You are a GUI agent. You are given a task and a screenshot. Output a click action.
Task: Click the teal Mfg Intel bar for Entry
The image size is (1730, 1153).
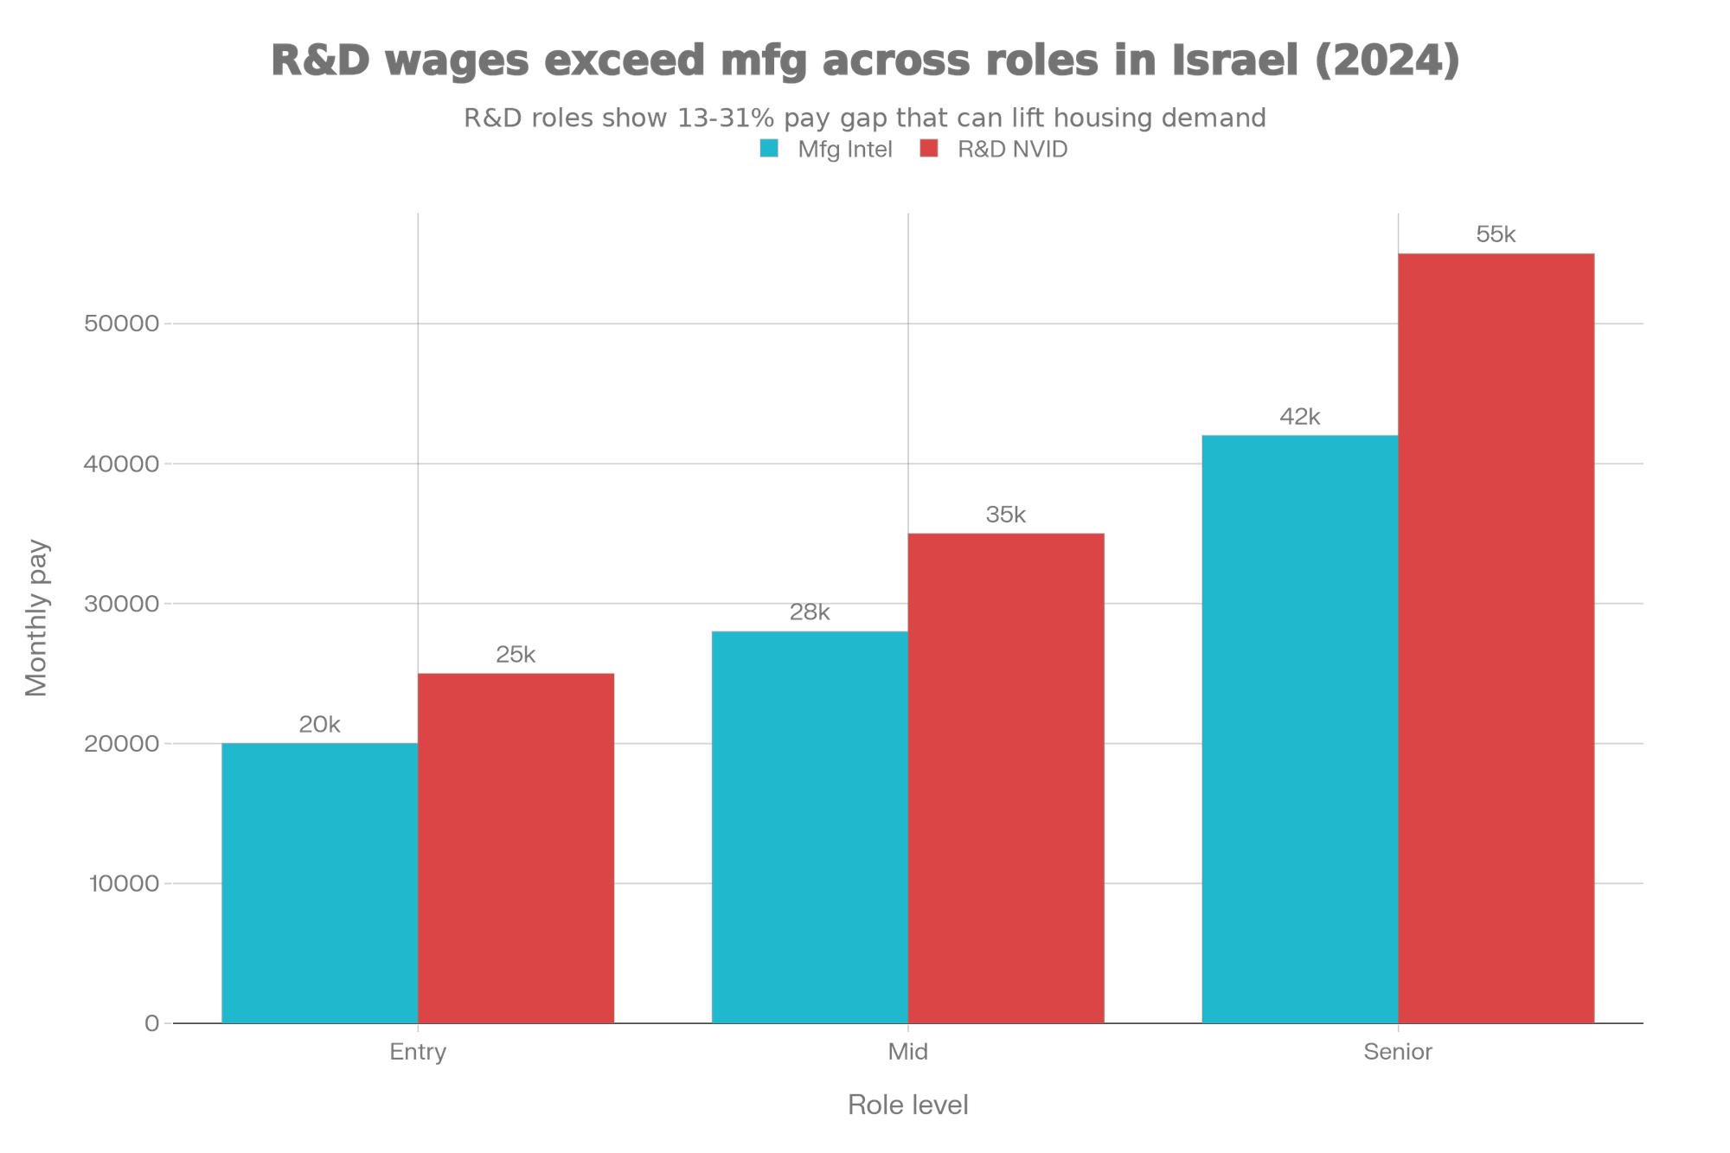pos(319,882)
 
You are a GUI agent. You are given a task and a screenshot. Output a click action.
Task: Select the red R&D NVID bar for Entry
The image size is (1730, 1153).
pos(516,848)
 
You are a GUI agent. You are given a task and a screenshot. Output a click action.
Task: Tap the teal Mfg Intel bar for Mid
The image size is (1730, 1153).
pos(809,826)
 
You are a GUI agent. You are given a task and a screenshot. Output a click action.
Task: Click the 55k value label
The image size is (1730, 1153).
pos(1496,234)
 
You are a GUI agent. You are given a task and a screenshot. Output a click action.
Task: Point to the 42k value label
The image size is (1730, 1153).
pos(1300,417)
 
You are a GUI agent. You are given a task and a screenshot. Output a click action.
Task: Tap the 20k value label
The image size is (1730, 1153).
pos(319,725)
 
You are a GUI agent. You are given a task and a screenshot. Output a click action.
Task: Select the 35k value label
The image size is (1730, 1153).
pos(1006,515)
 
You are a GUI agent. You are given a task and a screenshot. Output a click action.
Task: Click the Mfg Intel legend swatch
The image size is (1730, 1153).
pos(769,149)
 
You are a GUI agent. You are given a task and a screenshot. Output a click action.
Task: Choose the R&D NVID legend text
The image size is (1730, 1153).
pos(1012,149)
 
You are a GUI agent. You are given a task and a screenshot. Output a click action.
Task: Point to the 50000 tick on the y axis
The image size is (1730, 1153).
pos(122,323)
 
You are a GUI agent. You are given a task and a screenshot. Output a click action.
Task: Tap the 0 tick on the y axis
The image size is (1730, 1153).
pos(152,1023)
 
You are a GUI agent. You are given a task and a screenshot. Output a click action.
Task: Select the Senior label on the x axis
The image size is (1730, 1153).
pos(1398,1052)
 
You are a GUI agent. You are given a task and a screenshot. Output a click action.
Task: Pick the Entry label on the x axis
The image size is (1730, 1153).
pos(418,1052)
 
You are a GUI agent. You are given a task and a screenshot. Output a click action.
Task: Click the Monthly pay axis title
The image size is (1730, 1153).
pos(37,618)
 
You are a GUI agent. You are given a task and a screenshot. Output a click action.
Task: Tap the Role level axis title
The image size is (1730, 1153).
pos(908,1105)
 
